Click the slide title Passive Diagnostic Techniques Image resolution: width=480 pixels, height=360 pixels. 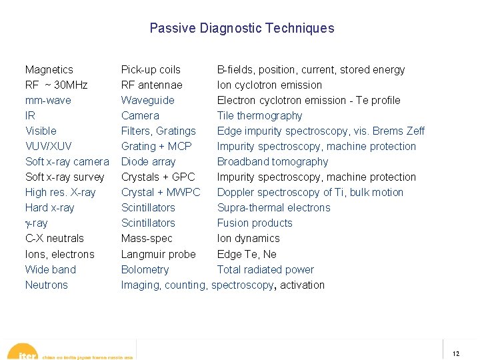(x=241, y=28)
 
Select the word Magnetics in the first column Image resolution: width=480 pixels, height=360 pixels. (x=49, y=69)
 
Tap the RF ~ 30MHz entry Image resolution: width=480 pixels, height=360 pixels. (x=56, y=85)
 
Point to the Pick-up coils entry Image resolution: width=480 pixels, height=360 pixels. (x=151, y=69)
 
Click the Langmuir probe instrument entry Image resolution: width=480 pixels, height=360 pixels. (x=158, y=254)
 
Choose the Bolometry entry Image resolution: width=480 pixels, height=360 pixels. (x=145, y=269)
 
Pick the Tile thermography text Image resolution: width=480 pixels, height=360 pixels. (x=259, y=115)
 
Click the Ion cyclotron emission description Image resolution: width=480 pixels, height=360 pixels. (x=269, y=85)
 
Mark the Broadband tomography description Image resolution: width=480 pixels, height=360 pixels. (x=273, y=161)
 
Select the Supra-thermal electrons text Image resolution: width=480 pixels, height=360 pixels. (x=273, y=207)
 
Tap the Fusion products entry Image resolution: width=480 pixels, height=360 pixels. (x=255, y=223)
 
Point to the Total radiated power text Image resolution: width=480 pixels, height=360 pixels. (x=265, y=269)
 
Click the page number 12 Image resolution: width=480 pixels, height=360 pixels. (x=456, y=354)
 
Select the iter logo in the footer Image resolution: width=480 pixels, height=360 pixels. (x=27, y=354)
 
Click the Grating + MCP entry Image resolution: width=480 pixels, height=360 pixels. (x=156, y=146)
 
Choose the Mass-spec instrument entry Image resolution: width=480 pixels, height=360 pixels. (x=147, y=238)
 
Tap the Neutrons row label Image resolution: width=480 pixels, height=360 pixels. (x=46, y=285)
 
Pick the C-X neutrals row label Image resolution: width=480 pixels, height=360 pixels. (x=54, y=238)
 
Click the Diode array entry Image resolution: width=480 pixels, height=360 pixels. (x=148, y=161)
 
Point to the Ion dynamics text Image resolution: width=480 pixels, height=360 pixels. (x=248, y=238)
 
